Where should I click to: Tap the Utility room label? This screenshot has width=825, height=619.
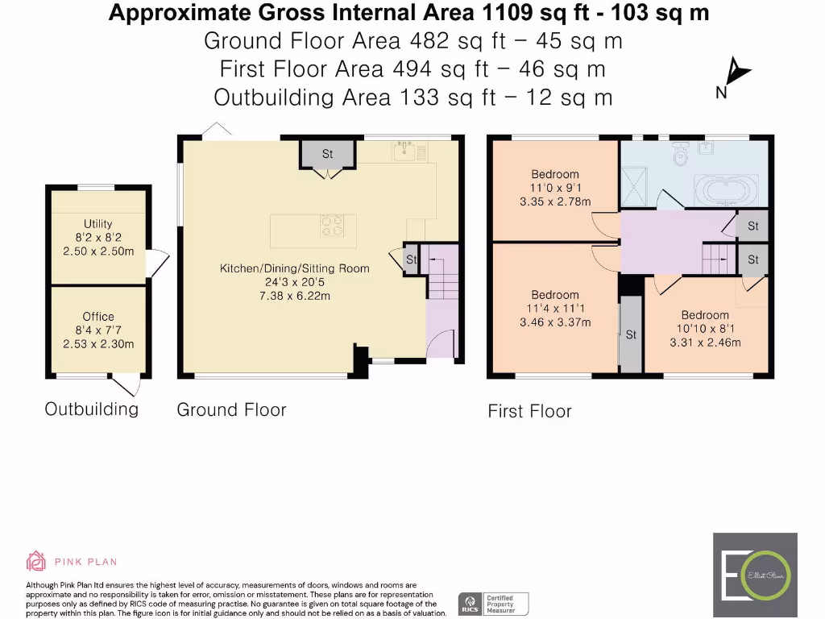97,224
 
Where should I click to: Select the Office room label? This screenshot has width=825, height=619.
97,317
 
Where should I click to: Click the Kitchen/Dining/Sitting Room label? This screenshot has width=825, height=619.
294,268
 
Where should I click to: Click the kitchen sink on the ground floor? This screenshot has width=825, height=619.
404,151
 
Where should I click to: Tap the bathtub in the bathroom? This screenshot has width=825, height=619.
725,191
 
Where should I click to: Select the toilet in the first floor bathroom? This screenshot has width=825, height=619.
681,152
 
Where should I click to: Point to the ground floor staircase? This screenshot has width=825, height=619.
442,279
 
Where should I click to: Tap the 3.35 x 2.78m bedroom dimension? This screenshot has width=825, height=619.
555,201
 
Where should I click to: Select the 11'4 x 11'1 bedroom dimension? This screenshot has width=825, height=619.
555,309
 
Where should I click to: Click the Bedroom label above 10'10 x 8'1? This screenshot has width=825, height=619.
705,315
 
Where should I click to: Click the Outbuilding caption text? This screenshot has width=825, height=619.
91,409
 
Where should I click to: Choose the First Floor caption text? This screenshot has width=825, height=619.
529,412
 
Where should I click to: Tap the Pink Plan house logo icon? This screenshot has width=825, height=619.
36,561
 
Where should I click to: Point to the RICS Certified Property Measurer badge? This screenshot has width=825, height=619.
493,604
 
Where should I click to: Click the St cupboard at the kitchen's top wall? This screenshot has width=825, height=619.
327,154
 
